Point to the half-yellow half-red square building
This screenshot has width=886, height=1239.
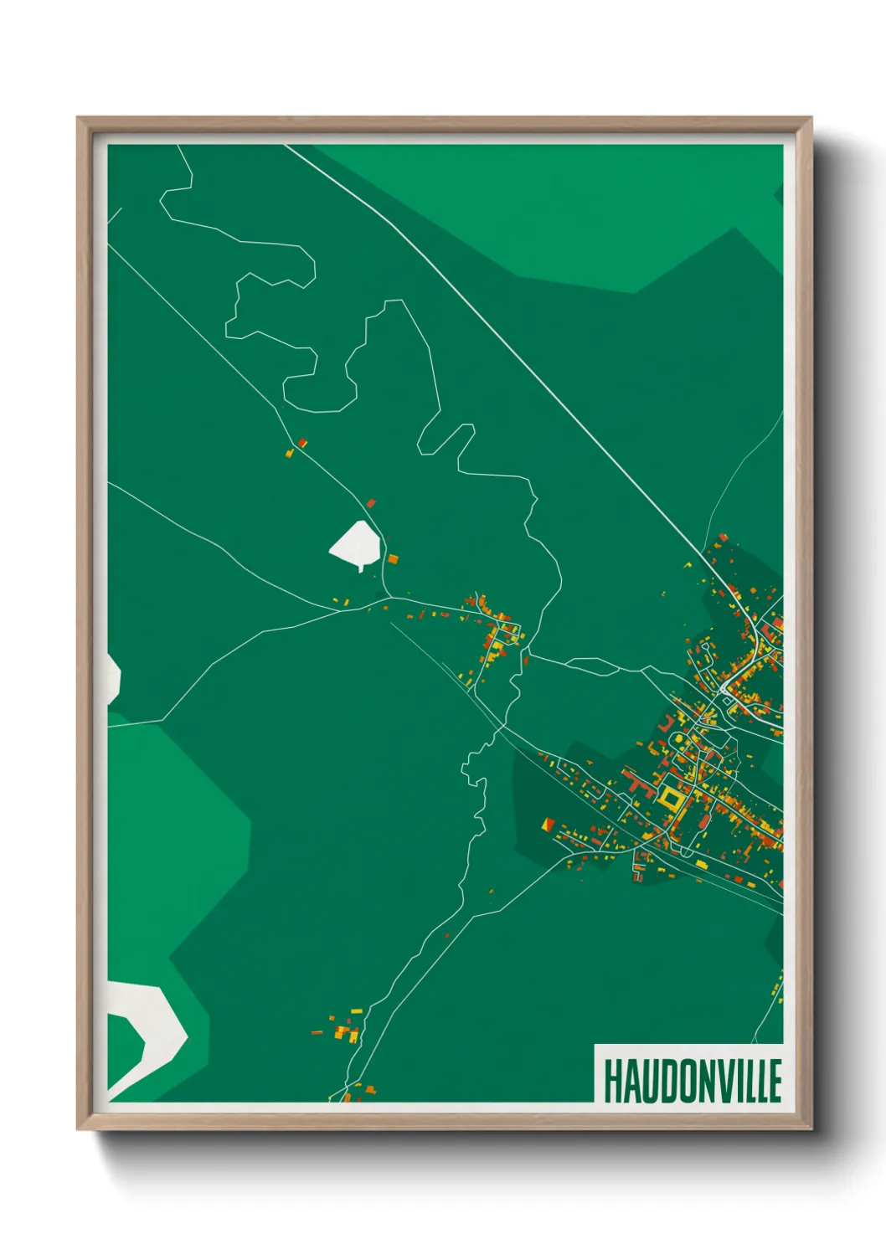tap(549, 825)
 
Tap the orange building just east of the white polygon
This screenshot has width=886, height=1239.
tap(393, 558)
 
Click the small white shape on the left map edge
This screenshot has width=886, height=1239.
tap(113, 678)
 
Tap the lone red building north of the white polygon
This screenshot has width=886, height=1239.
tap(371, 503)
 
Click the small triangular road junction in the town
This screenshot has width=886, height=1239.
tap(724, 691)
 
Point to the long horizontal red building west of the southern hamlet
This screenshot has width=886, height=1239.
tap(317, 1032)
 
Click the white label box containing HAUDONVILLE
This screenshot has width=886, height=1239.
tap(688, 1073)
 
